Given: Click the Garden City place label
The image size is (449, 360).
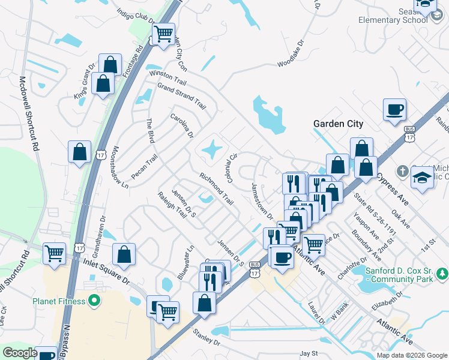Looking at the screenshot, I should (338, 124).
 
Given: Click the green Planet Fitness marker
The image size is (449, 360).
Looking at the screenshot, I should (94, 301).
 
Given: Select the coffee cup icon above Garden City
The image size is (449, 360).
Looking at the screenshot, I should (394, 110).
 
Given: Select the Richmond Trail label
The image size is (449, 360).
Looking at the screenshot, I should (216, 188).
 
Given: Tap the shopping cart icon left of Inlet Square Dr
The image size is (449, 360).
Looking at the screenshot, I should (55, 253).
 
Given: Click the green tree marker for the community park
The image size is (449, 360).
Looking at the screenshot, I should (442, 274).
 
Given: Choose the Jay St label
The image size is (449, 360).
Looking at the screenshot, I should (308, 354).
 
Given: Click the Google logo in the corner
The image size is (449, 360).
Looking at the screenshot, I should (20, 353).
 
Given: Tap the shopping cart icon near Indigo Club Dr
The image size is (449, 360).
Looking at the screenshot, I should (163, 34).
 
